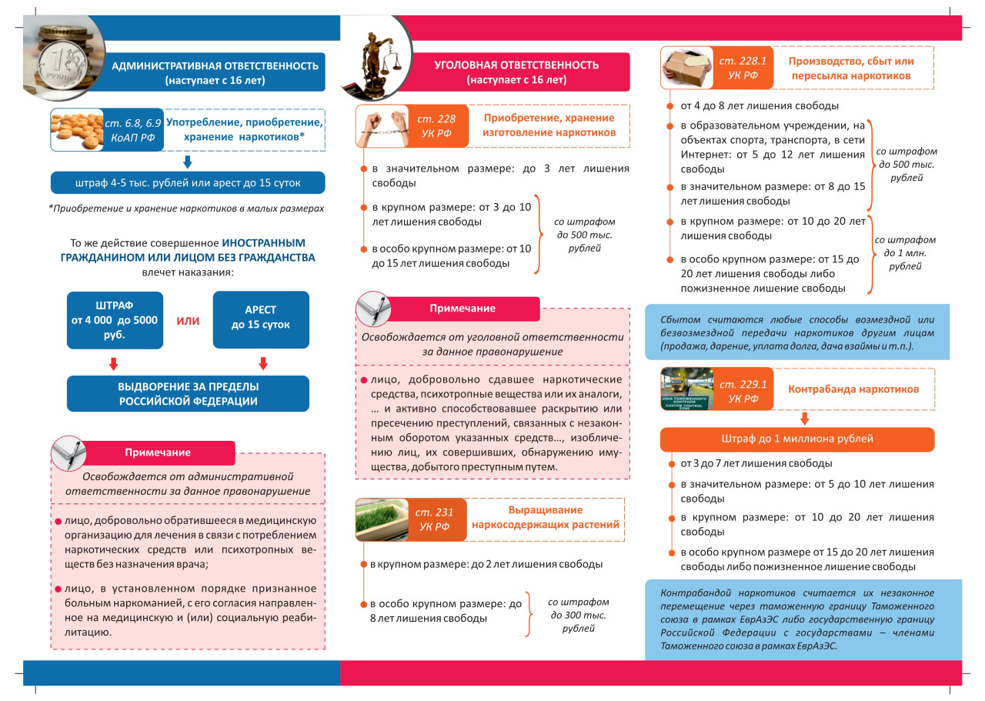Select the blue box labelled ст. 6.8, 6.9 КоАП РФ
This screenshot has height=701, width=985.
pyautogui.click(x=133, y=129)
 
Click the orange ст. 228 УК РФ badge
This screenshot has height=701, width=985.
pyautogui.click(x=436, y=126)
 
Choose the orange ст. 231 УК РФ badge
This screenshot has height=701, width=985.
pyautogui.click(x=436, y=519)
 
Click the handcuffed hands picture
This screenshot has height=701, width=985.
pyautogui.click(x=382, y=126)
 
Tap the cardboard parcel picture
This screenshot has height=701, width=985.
pyautogui.click(x=687, y=68)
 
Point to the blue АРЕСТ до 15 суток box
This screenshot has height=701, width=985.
pyautogui.click(x=260, y=318)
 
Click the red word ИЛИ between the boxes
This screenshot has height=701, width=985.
pyautogui.click(x=188, y=321)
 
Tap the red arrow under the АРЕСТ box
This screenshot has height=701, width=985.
pyautogui.click(x=262, y=363)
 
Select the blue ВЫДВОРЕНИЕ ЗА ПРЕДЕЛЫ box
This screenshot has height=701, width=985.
pyautogui.click(x=188, y=393)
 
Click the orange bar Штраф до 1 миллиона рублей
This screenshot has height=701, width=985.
pyautogui.click(x=797, y=439)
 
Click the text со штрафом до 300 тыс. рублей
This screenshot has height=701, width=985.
pyautogui.click(x=578, y=616)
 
